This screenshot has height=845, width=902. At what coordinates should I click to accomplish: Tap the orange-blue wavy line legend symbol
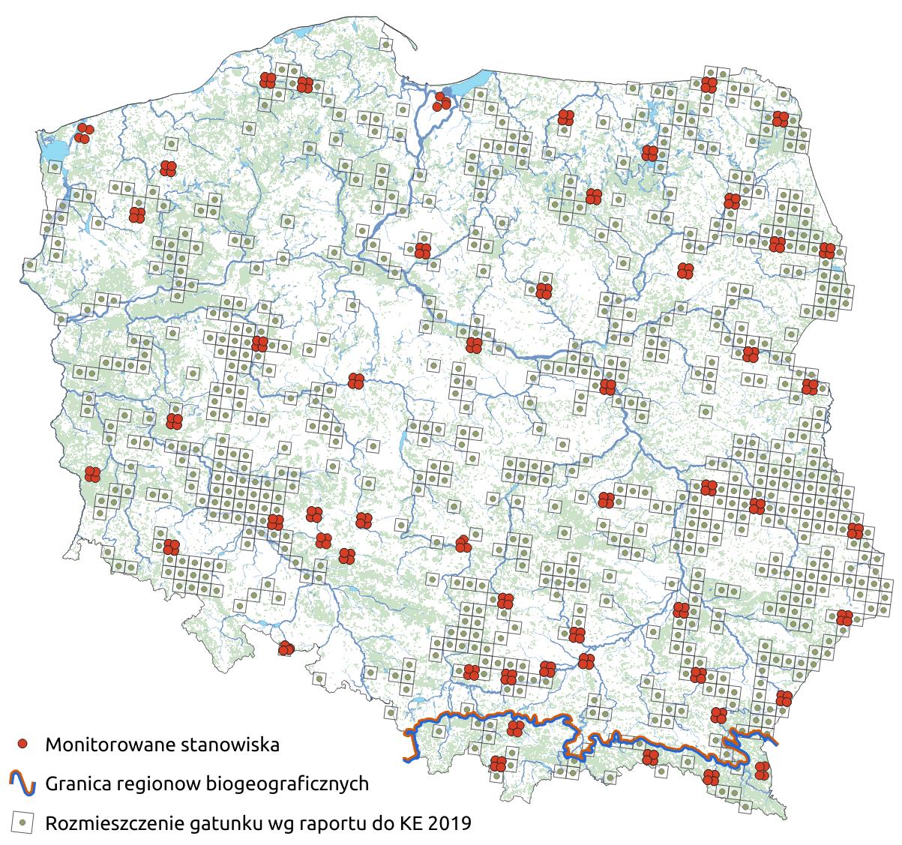(x=23, y=784)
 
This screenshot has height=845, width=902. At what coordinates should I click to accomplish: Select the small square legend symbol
(x=23, y=823)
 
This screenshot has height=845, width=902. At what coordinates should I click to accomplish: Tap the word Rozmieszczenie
(x=107, y=823)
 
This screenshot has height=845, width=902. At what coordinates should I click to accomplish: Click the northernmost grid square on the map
(x=385, y=44)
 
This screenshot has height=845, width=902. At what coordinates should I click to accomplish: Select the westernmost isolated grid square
(x=29, y=264)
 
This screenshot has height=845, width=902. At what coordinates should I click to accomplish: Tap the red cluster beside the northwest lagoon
(x=84, y=133)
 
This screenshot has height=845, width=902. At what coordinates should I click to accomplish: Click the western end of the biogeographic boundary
(x=408, y=759)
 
